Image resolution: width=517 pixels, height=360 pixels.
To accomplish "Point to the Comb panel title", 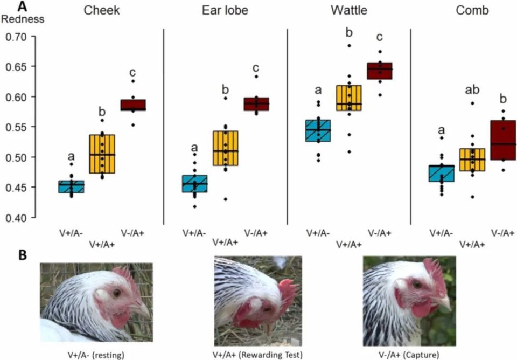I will click(471, 10).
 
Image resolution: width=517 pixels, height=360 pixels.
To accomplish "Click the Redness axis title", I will click(23, 19).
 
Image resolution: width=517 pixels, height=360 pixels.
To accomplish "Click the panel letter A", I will click(23, 6).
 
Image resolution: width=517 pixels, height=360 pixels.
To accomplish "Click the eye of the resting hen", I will click(117, 293).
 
